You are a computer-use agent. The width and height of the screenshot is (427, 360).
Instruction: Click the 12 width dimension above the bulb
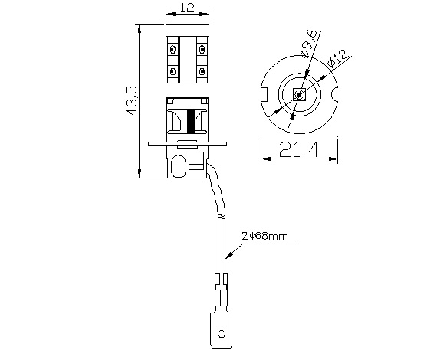click(x=186, y=8)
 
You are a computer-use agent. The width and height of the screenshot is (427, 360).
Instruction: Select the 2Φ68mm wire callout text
click(x=264, y=237)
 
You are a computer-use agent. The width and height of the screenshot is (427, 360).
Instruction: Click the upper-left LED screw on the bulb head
click(x=173, y=49)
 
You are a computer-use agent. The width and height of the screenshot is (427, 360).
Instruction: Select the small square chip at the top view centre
click(x=298, y=95)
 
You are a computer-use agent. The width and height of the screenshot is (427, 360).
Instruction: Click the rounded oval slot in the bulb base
click(x=179, y=163)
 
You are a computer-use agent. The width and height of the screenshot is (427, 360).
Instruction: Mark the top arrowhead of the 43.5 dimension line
click(x=139, y=27)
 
